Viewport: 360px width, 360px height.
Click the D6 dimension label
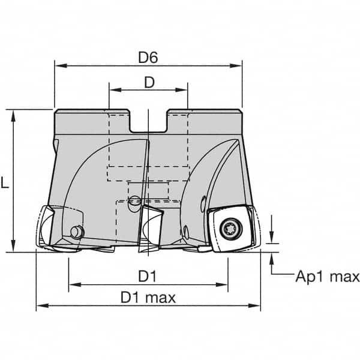click(148, 58)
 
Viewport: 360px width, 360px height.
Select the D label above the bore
click(148, 83)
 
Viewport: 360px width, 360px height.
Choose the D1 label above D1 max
click(148, 276)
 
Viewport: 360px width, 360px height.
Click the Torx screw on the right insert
click(230, 228)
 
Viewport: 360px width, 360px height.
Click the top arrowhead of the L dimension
click(13, 115)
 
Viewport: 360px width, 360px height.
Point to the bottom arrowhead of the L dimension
click(13, 248)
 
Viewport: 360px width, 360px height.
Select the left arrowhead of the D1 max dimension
click(40, 306)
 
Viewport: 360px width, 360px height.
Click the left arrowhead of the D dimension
click(112, 91)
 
